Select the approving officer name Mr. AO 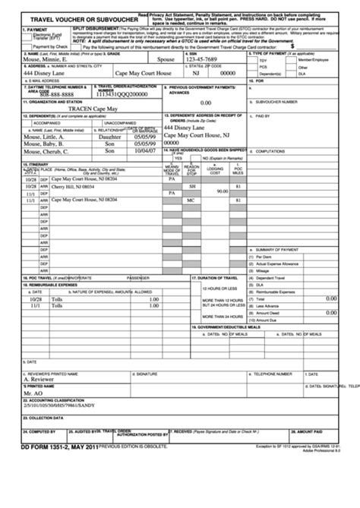32,415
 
